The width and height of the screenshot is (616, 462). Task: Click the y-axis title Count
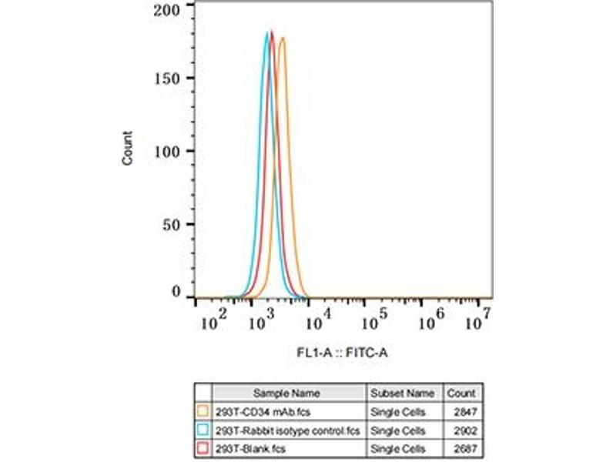pos(128,148)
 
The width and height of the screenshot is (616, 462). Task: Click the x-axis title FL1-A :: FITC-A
pos(343,353)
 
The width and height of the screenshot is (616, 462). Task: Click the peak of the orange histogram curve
pos(282,38)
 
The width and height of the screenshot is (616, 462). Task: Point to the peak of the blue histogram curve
pos(267,33)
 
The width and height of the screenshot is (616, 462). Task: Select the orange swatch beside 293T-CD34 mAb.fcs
pos(203,410)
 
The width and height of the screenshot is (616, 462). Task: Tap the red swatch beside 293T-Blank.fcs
pos(203,447)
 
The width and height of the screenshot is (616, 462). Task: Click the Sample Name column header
pos(286,393)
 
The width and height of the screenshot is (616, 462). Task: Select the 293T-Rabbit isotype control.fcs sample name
pos(287,430)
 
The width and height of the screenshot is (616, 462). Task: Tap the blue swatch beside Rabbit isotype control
pos(203,429)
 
